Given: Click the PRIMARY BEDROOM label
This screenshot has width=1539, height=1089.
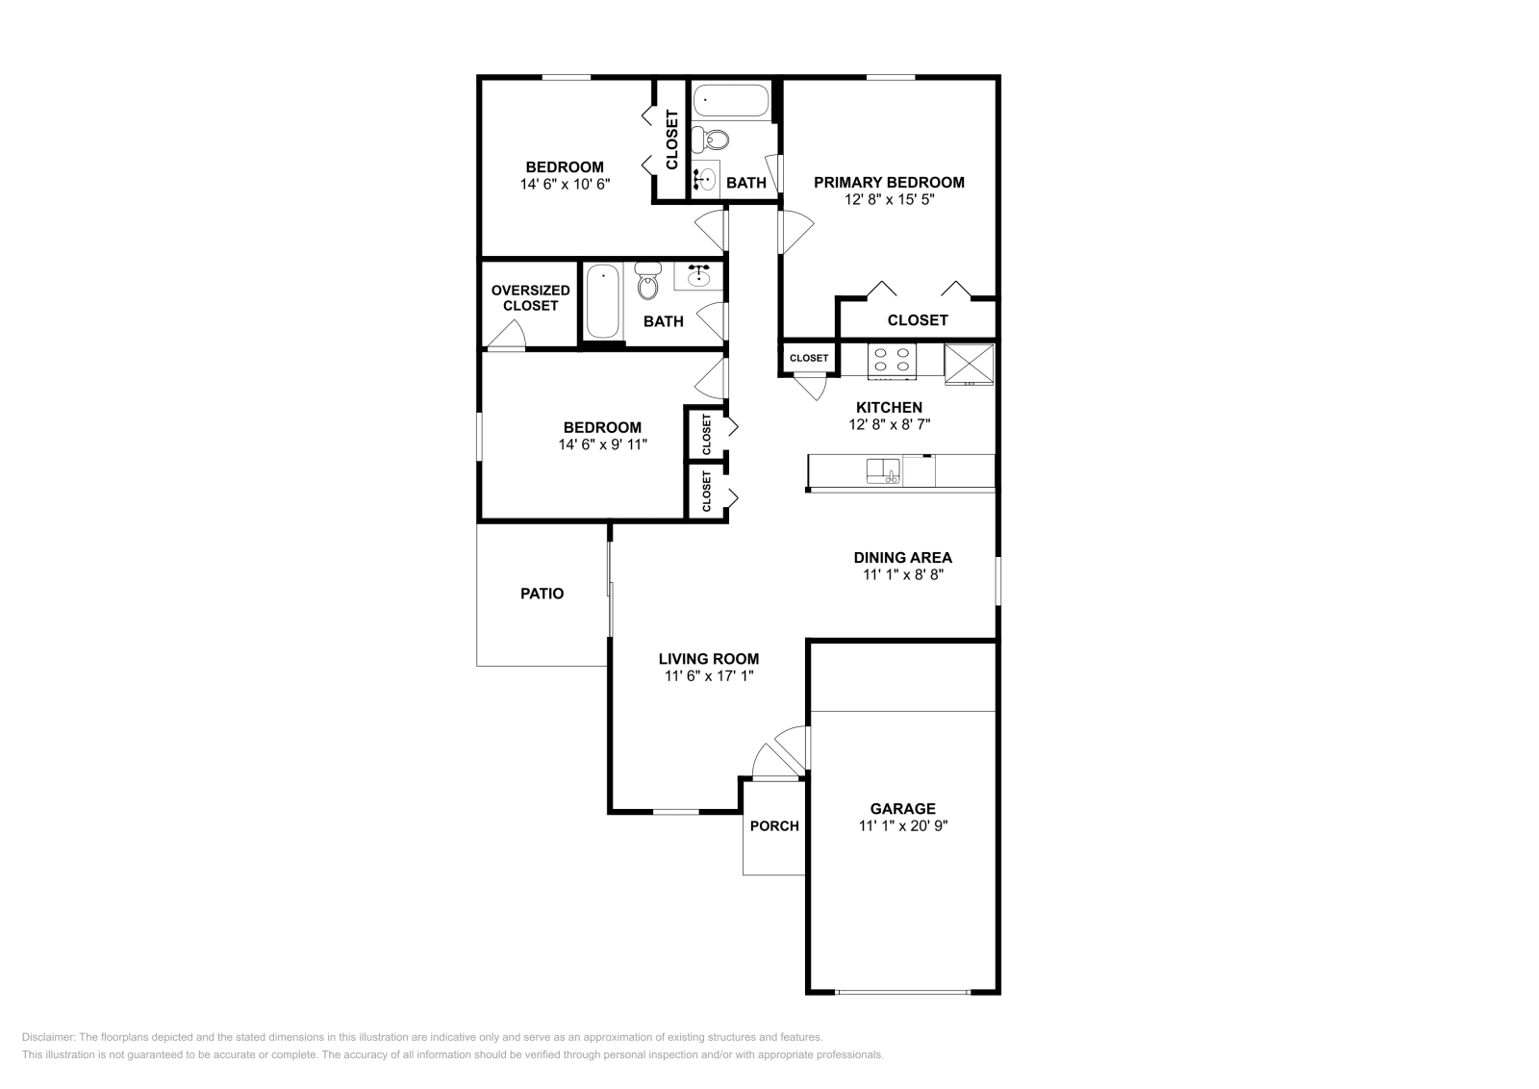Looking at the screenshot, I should coord(889,182).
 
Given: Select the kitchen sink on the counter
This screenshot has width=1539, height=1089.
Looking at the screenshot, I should coord(881,470).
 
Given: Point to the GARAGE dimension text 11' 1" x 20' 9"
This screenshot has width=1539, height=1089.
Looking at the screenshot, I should coord(902,825).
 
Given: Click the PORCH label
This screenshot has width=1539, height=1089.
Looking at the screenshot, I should coord(774,825).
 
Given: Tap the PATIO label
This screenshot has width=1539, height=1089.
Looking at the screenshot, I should coord(542,594).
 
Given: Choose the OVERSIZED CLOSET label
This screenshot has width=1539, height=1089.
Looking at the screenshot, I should coord(530,297).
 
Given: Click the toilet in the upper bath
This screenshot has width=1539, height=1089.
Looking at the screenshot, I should coord(716,140).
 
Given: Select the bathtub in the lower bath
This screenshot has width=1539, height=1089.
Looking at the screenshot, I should coord(603,301).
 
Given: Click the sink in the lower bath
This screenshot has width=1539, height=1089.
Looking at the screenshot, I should coord(698,277).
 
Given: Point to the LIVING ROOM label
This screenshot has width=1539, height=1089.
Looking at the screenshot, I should coord(708,659).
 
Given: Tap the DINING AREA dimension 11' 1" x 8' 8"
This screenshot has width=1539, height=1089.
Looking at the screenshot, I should coord(902,574).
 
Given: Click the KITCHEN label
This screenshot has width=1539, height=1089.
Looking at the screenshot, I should coord(889,407).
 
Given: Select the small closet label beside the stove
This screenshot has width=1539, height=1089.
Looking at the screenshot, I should coord(809,358).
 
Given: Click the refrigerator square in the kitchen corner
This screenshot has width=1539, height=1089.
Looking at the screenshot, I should coord(969,364).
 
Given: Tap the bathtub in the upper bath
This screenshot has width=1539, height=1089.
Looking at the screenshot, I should coord(730,99).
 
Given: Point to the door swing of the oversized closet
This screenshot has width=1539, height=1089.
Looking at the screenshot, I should coord(507,335).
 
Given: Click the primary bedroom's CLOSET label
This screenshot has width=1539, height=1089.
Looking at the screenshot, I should coord(917,320).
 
